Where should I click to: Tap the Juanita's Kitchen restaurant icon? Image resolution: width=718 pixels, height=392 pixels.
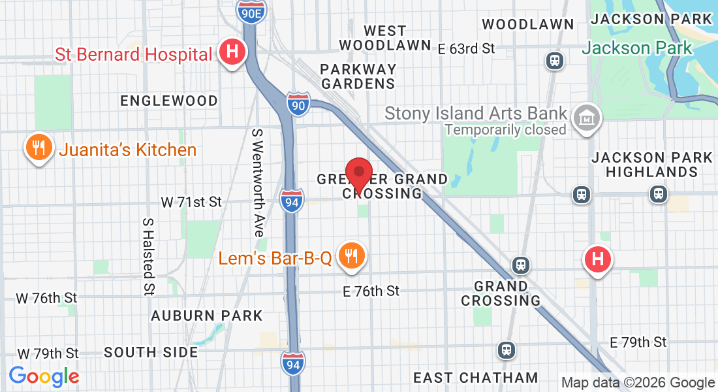39,148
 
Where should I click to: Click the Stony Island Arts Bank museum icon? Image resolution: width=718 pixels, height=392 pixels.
586,118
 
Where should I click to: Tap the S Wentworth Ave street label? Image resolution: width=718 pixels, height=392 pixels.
258,182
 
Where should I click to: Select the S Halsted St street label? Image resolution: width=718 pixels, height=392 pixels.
149,255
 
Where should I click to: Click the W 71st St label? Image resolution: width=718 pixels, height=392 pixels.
191,202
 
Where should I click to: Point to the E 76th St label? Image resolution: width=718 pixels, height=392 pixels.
371,291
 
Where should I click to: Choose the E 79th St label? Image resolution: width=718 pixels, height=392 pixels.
638,342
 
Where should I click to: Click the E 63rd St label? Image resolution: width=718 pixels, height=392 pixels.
466,48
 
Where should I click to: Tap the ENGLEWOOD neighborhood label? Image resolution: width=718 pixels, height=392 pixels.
169,101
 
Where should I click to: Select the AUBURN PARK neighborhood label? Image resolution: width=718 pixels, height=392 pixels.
206,316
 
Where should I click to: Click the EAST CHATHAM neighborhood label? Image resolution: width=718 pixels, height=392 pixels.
476,378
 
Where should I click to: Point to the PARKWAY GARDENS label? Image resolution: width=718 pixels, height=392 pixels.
358,76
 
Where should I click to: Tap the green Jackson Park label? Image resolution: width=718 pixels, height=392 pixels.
636,48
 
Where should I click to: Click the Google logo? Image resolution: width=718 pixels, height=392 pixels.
44,376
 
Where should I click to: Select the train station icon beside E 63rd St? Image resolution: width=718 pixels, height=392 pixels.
555,61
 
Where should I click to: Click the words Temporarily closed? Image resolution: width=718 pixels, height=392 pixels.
505,129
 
